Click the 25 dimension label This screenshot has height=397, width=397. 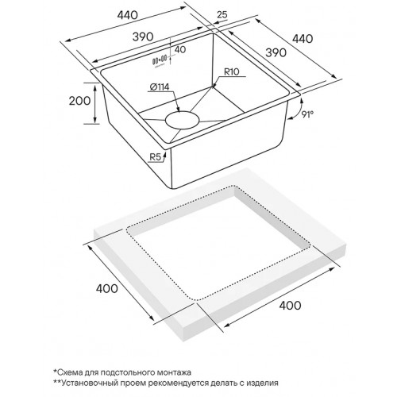point(222,14)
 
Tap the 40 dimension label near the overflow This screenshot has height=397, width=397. point(180,49)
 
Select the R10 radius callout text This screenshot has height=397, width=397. point(231,71)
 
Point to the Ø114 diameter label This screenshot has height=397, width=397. point(160,87)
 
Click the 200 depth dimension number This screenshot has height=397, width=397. point(79,101)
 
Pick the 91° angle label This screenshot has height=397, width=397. point(307,114)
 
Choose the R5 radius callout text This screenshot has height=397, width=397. point(156,157)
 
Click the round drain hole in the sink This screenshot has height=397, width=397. point(182,121)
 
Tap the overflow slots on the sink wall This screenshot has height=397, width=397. point(160,60)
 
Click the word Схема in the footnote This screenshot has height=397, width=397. point(69,372)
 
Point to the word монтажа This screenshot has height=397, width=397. point(174,372)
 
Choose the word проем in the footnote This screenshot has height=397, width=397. point(130,384)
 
